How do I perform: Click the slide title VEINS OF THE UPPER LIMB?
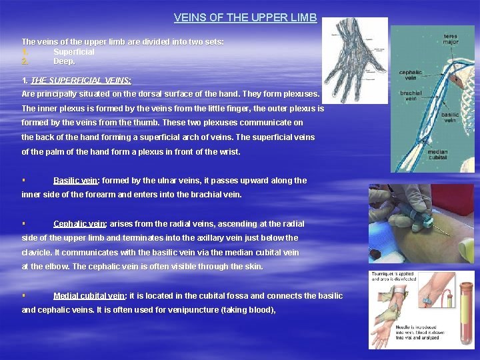245,18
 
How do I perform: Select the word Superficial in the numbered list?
74,52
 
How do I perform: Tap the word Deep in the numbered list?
64,61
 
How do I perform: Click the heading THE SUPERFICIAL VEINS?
81,80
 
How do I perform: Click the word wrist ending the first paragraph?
227,152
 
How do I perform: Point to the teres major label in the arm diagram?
451,38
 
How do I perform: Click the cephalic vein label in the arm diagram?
410,75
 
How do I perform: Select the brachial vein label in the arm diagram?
409,95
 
